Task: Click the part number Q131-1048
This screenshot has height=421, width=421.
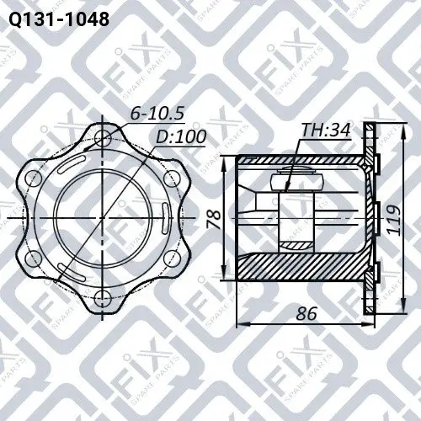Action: coord(59,19)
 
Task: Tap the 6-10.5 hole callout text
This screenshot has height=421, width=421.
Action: coord(157,113)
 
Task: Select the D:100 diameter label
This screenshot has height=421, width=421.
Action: coord(181,136)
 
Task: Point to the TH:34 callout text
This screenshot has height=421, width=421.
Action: coord(326,130)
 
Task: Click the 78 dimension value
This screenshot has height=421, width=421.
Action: coord(215,219)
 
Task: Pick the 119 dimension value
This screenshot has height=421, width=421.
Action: coord(393,219)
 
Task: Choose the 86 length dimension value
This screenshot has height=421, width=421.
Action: coord(306,313)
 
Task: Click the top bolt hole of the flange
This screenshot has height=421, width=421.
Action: coord(103,138)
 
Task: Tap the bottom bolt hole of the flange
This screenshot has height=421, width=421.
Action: coord(103,299)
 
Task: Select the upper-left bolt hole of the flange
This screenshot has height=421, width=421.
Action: coord(33,178)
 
